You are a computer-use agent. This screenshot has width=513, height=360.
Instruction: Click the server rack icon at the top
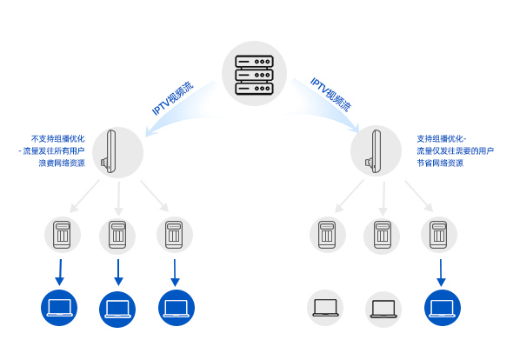click(254, 75)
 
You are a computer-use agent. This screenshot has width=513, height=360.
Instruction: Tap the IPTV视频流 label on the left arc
click(173, 98)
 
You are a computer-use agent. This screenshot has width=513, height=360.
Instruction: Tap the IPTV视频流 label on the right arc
click(330, 95)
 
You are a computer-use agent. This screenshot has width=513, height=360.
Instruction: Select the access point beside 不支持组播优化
click(110, 151)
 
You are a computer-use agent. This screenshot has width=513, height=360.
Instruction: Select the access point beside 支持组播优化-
click(374, 151)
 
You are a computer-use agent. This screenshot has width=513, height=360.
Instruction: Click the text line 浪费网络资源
click(62, 163)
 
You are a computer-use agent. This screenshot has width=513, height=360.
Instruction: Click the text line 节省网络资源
click(440, 163)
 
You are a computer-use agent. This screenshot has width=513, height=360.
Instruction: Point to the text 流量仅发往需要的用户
click(455, 151)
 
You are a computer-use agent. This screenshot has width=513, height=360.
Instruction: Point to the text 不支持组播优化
click(58, 139)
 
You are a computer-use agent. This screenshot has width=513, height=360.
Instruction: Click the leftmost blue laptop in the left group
click(59, 308)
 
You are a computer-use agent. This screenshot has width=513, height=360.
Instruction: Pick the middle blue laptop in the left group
click(117, 310)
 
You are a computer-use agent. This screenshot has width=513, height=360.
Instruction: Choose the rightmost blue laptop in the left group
click(177, 308)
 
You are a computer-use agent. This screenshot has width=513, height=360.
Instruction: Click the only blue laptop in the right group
click(443, 308)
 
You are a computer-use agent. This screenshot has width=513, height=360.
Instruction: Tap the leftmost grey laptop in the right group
click(325, 308)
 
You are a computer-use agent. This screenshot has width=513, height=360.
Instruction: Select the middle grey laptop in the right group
click(383, 310)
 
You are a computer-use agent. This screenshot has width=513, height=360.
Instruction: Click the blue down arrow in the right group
click(441, 273)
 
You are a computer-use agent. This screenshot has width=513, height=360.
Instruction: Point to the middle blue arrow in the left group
click(118, 273)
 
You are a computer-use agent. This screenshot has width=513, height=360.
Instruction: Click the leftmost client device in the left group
click(62, 235)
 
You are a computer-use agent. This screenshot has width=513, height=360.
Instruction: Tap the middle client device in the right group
click(382, 236)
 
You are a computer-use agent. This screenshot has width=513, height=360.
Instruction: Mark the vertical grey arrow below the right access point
click(383, 198)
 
